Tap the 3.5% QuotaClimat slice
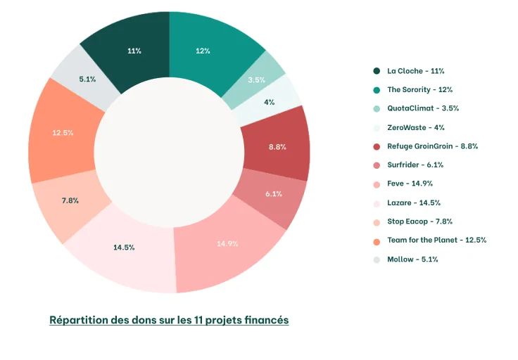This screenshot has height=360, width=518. [x=256, y=79]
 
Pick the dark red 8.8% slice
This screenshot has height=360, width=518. [x=277, y=146]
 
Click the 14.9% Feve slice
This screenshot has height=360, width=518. [x=227, y=244]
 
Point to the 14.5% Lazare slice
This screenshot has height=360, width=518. [x=124, y=247]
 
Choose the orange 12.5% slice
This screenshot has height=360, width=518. [x=62, y=132]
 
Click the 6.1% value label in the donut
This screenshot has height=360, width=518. [x=274, y=194]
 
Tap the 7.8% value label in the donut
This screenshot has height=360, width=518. [x=70, y=200]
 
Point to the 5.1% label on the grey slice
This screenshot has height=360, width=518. [x=87, y=79]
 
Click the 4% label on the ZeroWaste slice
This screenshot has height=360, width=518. [x=269, y=102]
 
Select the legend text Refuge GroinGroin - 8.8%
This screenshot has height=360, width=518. [x=432, y=146]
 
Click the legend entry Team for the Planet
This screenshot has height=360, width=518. [x=436, y=240]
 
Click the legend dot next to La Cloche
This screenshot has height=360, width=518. [x=377, y=71]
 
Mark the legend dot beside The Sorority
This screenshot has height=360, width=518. [x=377, y=90]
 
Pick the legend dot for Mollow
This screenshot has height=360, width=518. [x=377, y=259]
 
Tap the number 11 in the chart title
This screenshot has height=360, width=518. [x=196, y=320]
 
